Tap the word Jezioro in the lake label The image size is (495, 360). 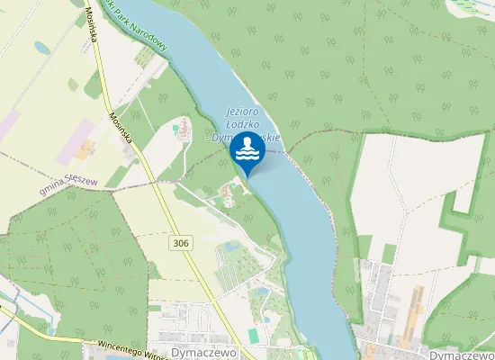[x=242, y=112]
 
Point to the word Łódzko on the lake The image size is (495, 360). [x=241, y=124]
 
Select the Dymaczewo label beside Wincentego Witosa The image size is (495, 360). [x=202, y=352]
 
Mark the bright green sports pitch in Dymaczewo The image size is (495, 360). [x=254, y=335]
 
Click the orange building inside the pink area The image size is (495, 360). [x=85, y=148]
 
